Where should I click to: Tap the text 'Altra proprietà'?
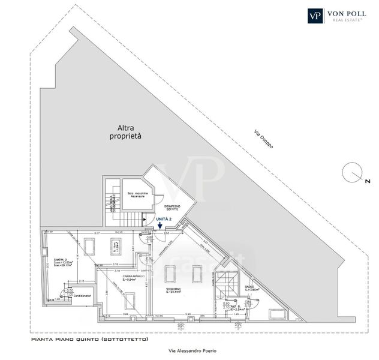125,132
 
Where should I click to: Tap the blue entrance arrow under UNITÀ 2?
160,226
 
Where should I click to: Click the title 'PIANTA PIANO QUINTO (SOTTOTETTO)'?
88,340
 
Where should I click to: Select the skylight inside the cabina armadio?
130,300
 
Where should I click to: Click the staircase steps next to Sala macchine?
112,203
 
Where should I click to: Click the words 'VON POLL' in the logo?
347,13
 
